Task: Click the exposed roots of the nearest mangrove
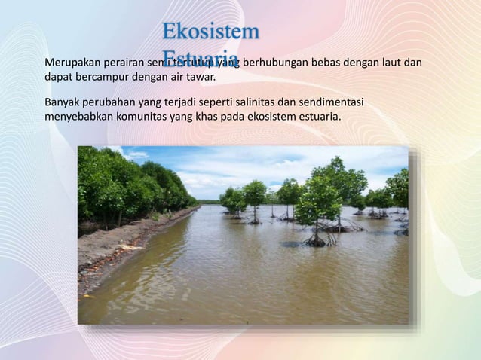coord(317,239)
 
